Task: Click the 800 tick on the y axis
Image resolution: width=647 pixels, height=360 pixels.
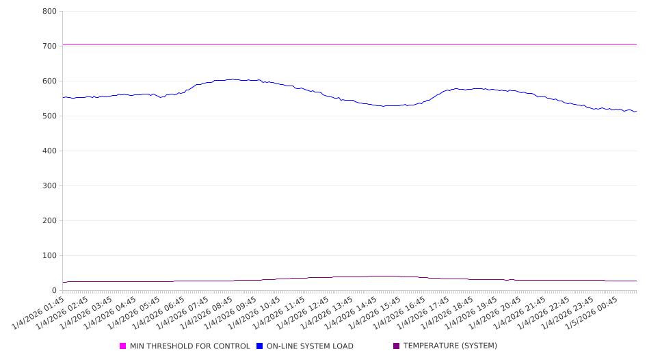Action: tap(49, 12)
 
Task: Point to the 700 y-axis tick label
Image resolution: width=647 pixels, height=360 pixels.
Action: tap(49, 47)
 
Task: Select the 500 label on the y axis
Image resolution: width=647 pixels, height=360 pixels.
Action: tap(49, 116)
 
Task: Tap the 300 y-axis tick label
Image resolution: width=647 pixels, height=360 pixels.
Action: tap(49, 186)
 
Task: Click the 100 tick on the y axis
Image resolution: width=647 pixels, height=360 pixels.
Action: tap(49, 256)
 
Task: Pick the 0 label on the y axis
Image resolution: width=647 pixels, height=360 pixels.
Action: tap(54, 291)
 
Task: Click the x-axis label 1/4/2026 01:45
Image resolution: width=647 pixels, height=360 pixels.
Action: tap(40, 312)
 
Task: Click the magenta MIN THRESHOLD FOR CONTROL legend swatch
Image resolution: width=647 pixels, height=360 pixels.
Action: tap(123, 346)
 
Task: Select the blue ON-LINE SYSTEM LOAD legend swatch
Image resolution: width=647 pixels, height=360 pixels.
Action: tap(260, 346)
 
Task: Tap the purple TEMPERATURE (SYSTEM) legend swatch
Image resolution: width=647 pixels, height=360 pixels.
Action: tap(397, 346)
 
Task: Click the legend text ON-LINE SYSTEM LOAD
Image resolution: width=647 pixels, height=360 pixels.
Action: tap(310, 346)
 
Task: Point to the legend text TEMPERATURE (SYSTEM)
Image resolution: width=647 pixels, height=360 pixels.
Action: tap(450, 346)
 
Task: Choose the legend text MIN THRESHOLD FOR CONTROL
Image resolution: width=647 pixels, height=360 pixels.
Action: tap(190, 346)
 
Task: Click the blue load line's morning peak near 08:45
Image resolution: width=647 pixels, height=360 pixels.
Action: tap(233, 79)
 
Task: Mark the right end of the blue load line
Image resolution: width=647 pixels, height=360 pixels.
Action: tap(636, 111)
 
